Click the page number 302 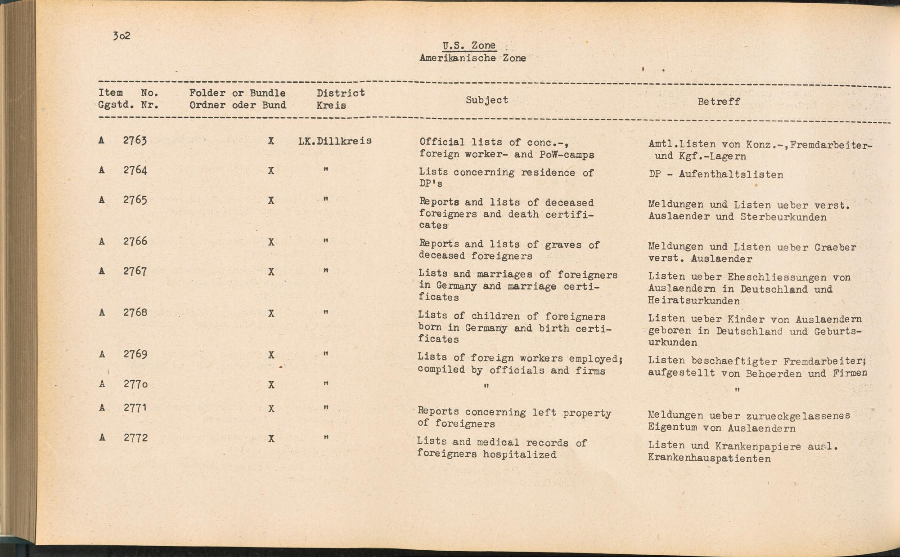click(121, 36)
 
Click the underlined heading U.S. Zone click(469, 45)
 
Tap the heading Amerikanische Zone click(472, 58)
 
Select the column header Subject click(486, 100)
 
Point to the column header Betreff click(719, 102)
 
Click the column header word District click(341, 93)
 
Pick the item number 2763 click(135, 140)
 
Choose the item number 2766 click(135, 241)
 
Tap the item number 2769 click(135, 354)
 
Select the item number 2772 click(135, 437)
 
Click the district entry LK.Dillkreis click(335, 141)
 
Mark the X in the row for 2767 click(271, 272)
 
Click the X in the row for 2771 click(271, 409)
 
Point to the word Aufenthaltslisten click(731, 174)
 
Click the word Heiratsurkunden click(693, 301)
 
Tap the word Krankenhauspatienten click(709, 459)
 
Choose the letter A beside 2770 click(102, 384)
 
